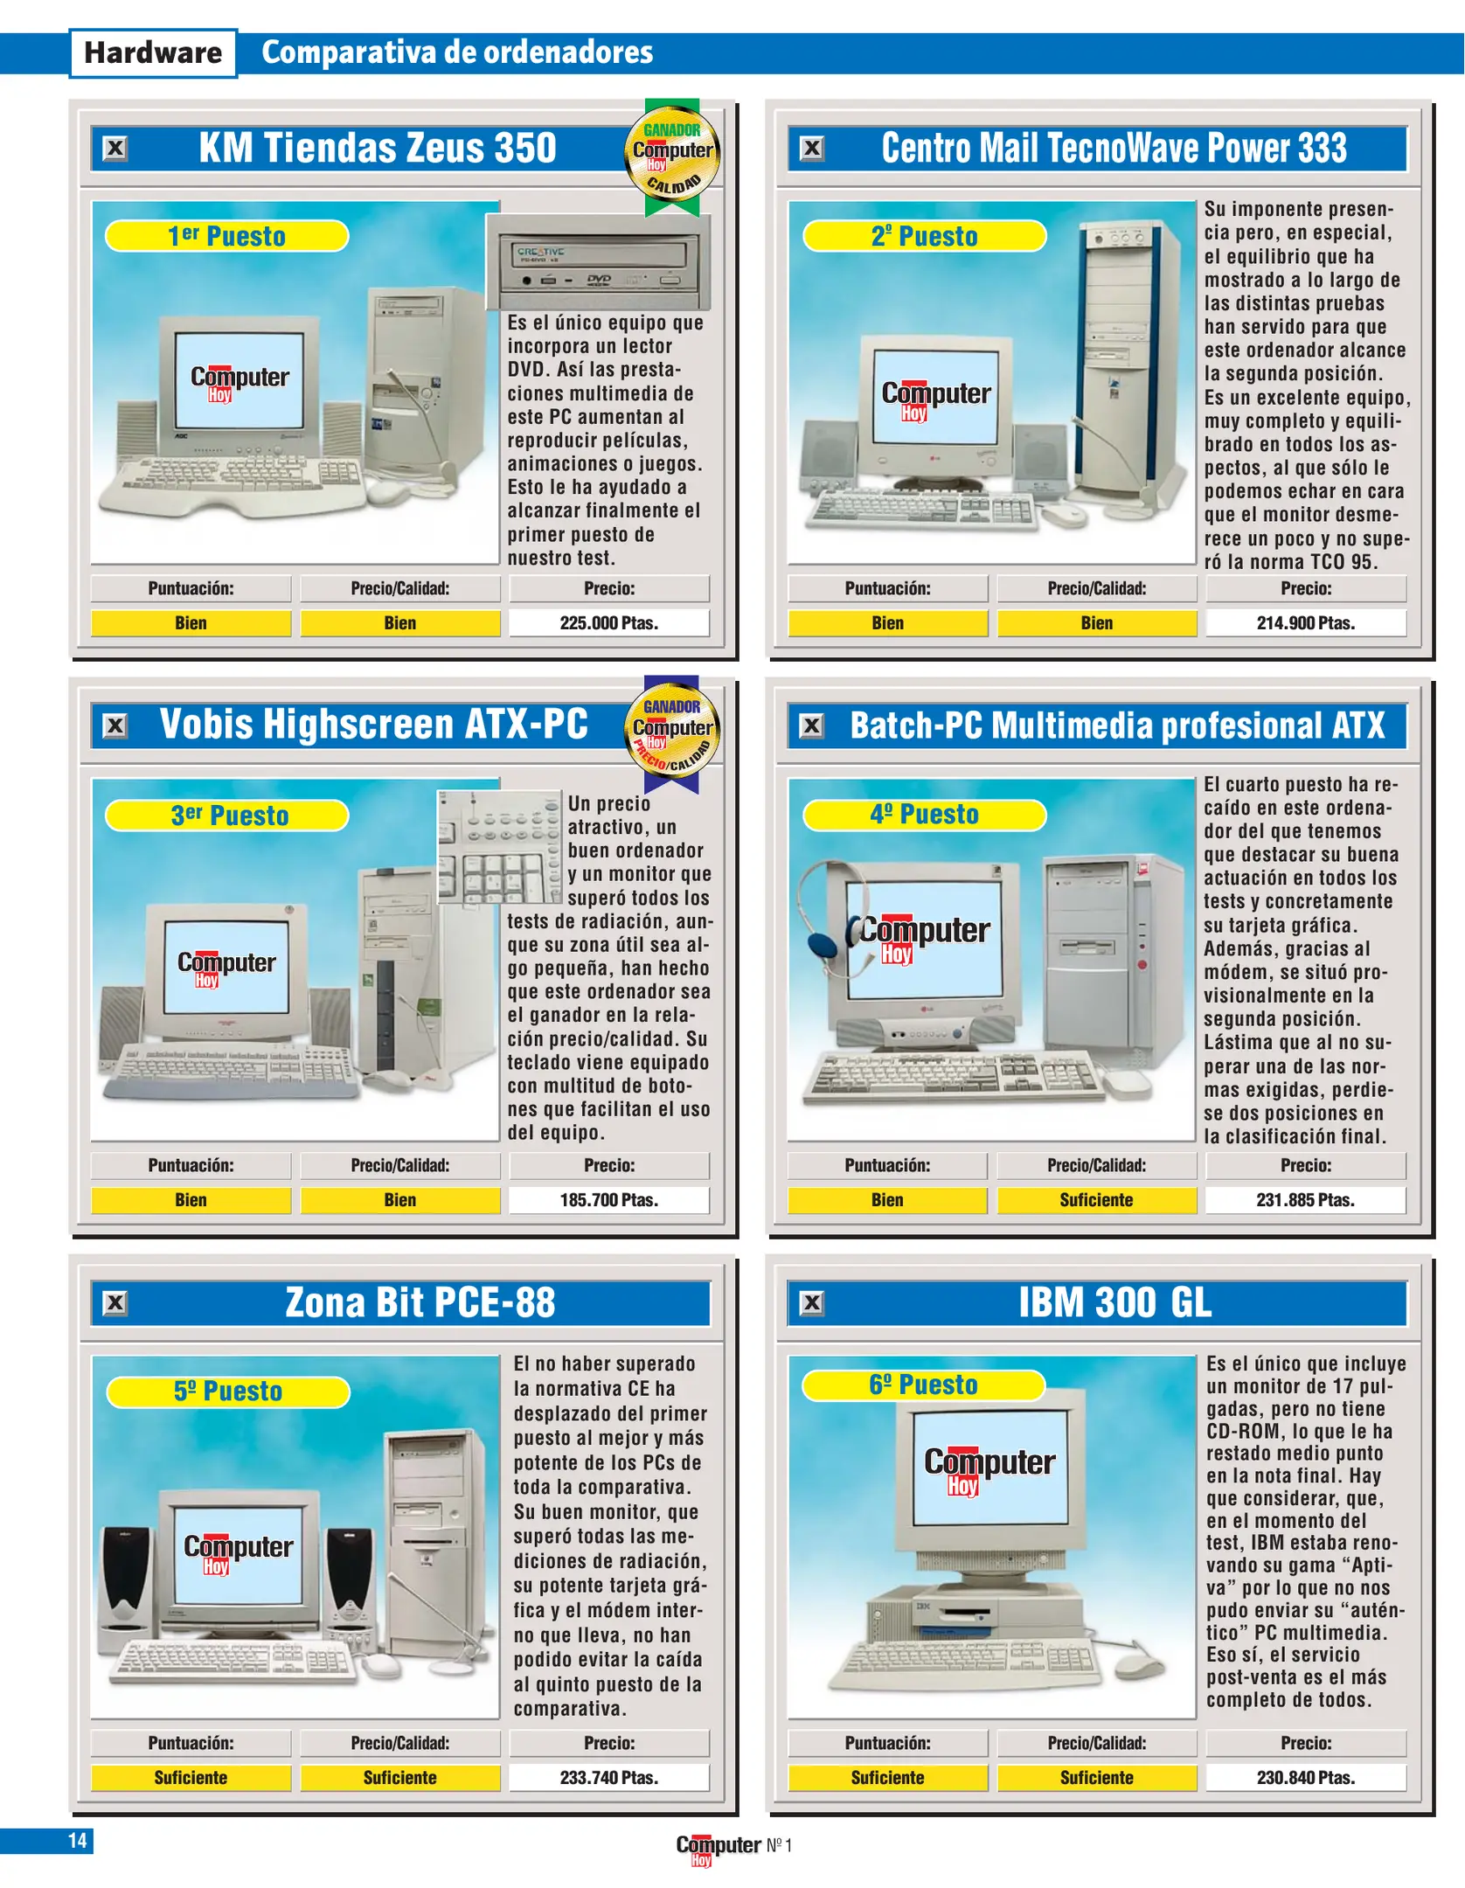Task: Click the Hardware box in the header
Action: (153, 53)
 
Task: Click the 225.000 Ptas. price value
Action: (609, 623)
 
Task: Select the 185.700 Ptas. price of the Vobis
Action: (609, 1200)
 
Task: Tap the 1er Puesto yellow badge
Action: (227, 236)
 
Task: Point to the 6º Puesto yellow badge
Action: (924, 1385)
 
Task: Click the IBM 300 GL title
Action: (1114, 1302)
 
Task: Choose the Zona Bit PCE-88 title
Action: (420, 1302)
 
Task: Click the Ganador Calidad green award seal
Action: (672, 157)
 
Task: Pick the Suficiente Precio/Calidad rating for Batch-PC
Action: (1096, 1200)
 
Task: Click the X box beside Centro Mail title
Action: (812, 149)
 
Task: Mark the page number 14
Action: (77, 1841)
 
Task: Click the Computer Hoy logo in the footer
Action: (719, 1848)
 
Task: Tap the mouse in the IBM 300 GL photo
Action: (1140, 1665)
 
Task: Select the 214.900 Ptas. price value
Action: (1306, 623)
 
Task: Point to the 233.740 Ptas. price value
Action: (609, 1778)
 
